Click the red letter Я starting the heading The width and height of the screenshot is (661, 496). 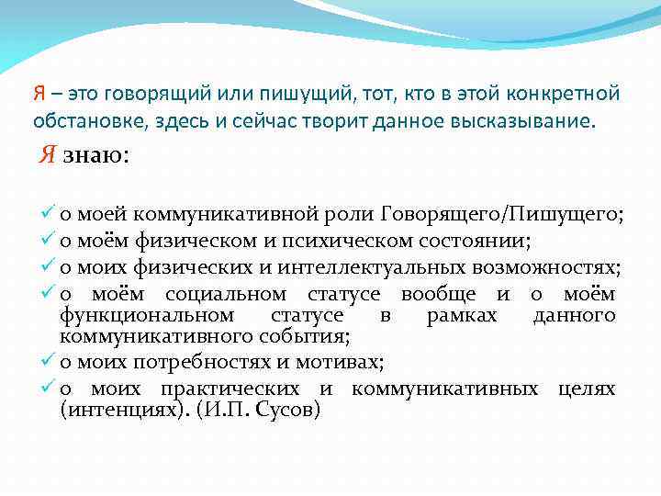39,94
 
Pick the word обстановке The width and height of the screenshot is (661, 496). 87,121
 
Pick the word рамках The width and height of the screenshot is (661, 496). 462,316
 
